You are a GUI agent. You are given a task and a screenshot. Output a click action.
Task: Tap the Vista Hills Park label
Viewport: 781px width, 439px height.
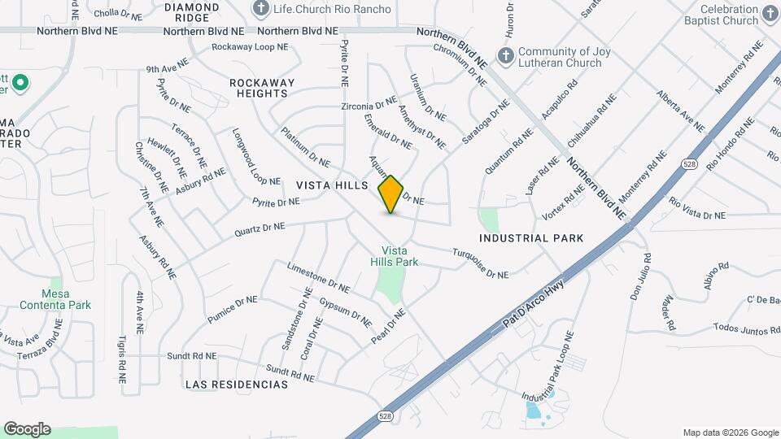pos(400,257)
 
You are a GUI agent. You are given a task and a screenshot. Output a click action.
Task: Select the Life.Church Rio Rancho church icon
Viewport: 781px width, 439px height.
pos(261,9)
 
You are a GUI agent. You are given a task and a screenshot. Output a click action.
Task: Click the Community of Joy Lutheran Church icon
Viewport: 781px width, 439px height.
pos(505,57)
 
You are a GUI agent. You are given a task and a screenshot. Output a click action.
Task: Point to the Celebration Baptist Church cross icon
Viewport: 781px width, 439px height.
pos(770,15)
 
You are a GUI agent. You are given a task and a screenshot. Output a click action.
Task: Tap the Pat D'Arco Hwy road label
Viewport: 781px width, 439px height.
pos(533,301)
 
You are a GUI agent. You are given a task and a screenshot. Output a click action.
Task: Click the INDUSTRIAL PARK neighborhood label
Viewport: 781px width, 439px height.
pos(531,238)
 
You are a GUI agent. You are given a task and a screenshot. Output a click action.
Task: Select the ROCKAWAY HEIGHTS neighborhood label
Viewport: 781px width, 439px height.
pos(260,88)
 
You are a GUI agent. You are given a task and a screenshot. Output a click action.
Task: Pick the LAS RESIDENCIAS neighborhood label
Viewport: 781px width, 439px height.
pos(236,384)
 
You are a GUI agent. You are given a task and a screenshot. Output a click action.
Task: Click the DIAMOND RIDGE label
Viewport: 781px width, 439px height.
pos(192,11)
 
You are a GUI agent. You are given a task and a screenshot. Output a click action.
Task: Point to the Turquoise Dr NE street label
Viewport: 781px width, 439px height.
pos(480,263)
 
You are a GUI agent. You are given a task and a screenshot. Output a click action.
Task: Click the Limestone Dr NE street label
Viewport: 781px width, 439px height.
pos(318,277)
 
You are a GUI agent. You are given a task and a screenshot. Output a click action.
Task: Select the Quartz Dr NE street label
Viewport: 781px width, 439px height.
pos(260,229)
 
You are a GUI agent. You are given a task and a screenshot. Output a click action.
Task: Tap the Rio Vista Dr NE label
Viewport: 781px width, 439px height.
pos(696,207)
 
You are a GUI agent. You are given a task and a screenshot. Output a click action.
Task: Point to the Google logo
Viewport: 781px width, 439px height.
pos(27,429)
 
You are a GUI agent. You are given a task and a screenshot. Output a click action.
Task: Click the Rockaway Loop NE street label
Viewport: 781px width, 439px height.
pos(250,47)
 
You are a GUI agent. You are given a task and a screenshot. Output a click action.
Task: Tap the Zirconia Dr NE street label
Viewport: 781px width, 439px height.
pos(369,106)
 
